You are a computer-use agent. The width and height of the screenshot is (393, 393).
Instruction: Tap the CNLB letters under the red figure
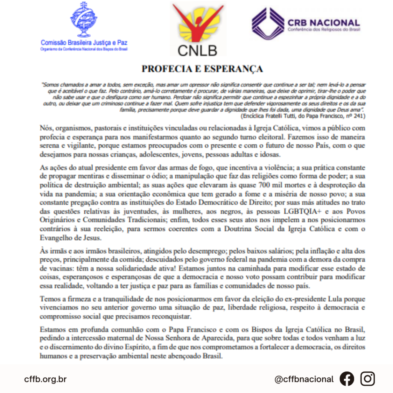pos(197,50)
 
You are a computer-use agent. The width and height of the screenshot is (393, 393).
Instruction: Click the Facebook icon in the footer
pos(347,379)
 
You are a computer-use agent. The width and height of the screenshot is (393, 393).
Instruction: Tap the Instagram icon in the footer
pos(368,379)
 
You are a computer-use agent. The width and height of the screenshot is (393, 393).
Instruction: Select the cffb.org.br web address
pos(45,379)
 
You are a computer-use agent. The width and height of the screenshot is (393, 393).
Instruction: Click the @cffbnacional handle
pos(304,379)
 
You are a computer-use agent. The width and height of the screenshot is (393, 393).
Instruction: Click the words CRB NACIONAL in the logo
pos(323,23)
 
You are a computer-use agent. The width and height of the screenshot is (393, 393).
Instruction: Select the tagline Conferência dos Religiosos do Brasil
pos(323,30)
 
